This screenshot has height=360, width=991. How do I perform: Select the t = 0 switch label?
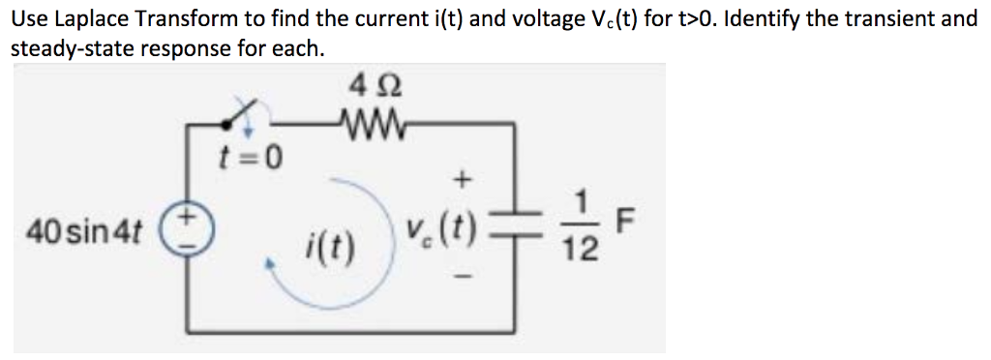click(249, 155)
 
